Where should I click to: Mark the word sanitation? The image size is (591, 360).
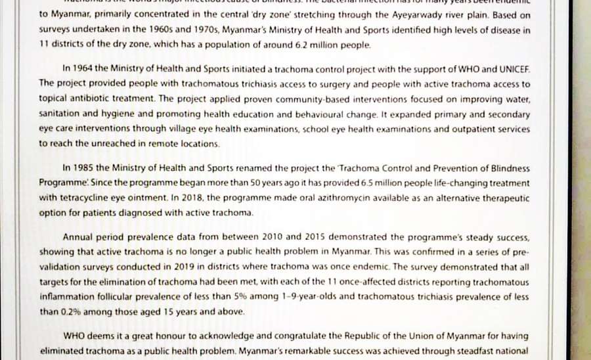point(60,114)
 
